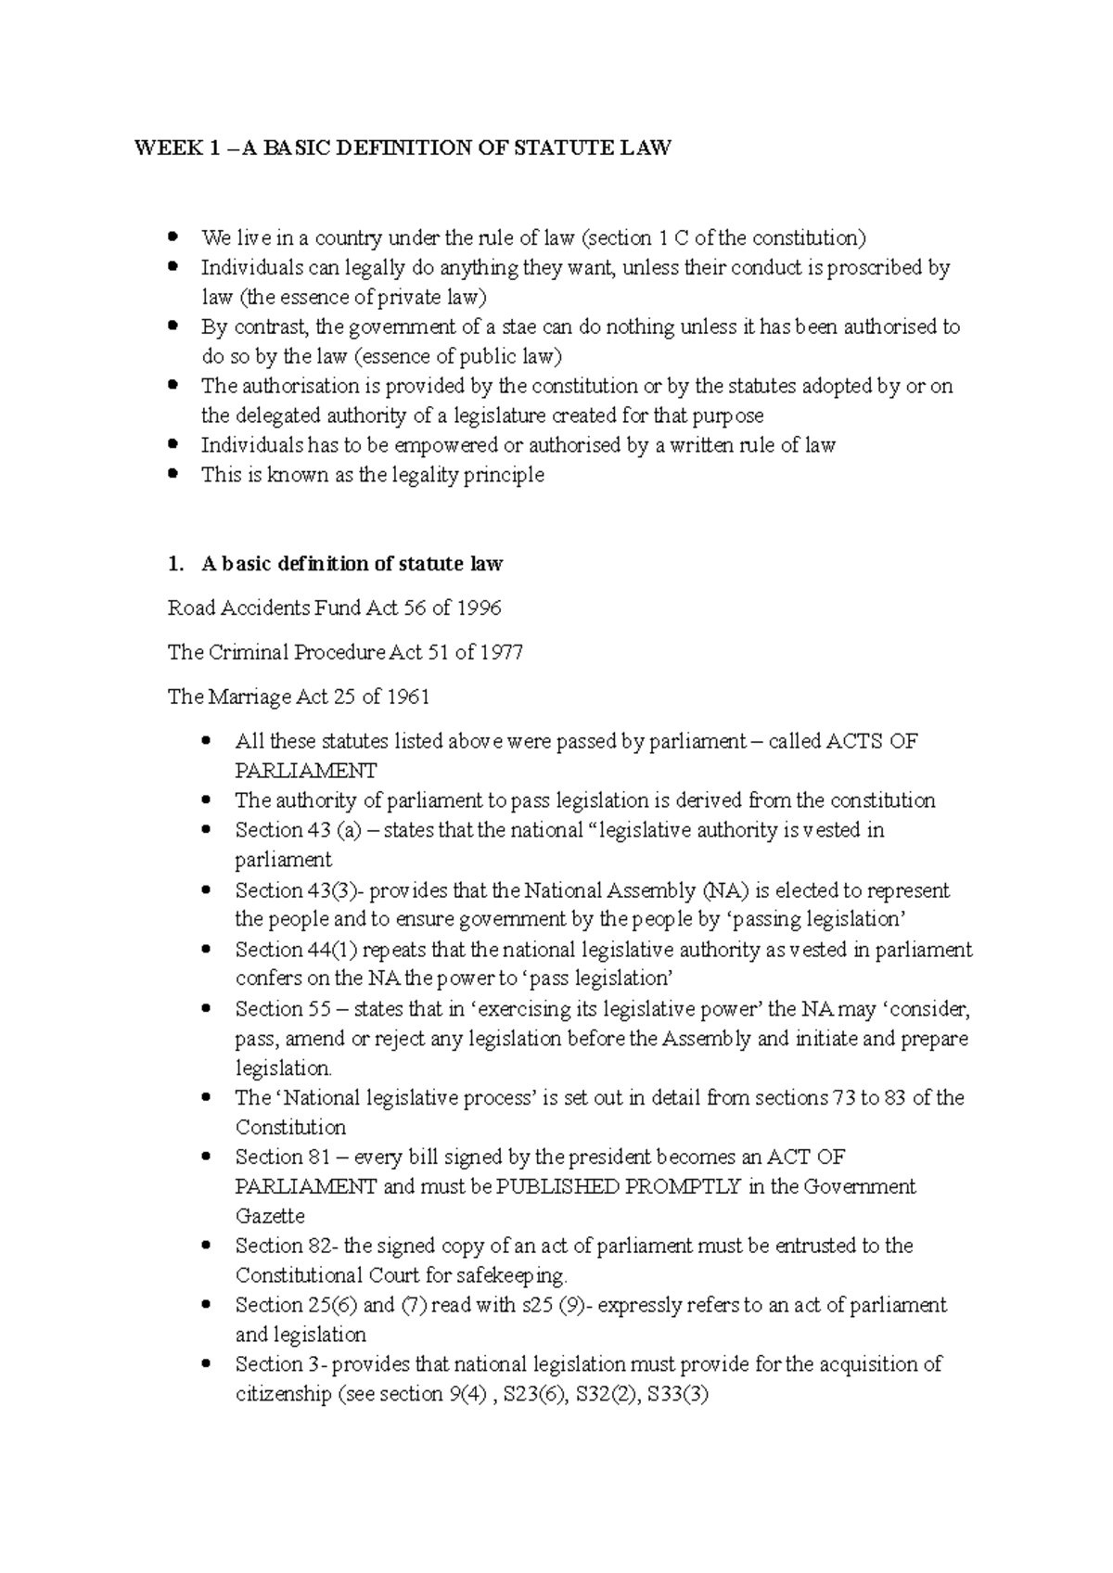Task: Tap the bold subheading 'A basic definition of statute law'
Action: pyautogui.click(x=352, y=563)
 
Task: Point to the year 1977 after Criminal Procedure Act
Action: pyautogui.click(x=501, y=653)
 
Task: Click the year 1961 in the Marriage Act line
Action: pyautogui.click(x=407, y=697)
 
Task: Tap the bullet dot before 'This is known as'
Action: pyautogui.click(x=172, y=474)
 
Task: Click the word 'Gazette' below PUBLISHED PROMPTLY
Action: pyautogui.click(x=270, y=1216)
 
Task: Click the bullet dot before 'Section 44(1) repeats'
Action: pyautogui.click(x=206, y=949)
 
